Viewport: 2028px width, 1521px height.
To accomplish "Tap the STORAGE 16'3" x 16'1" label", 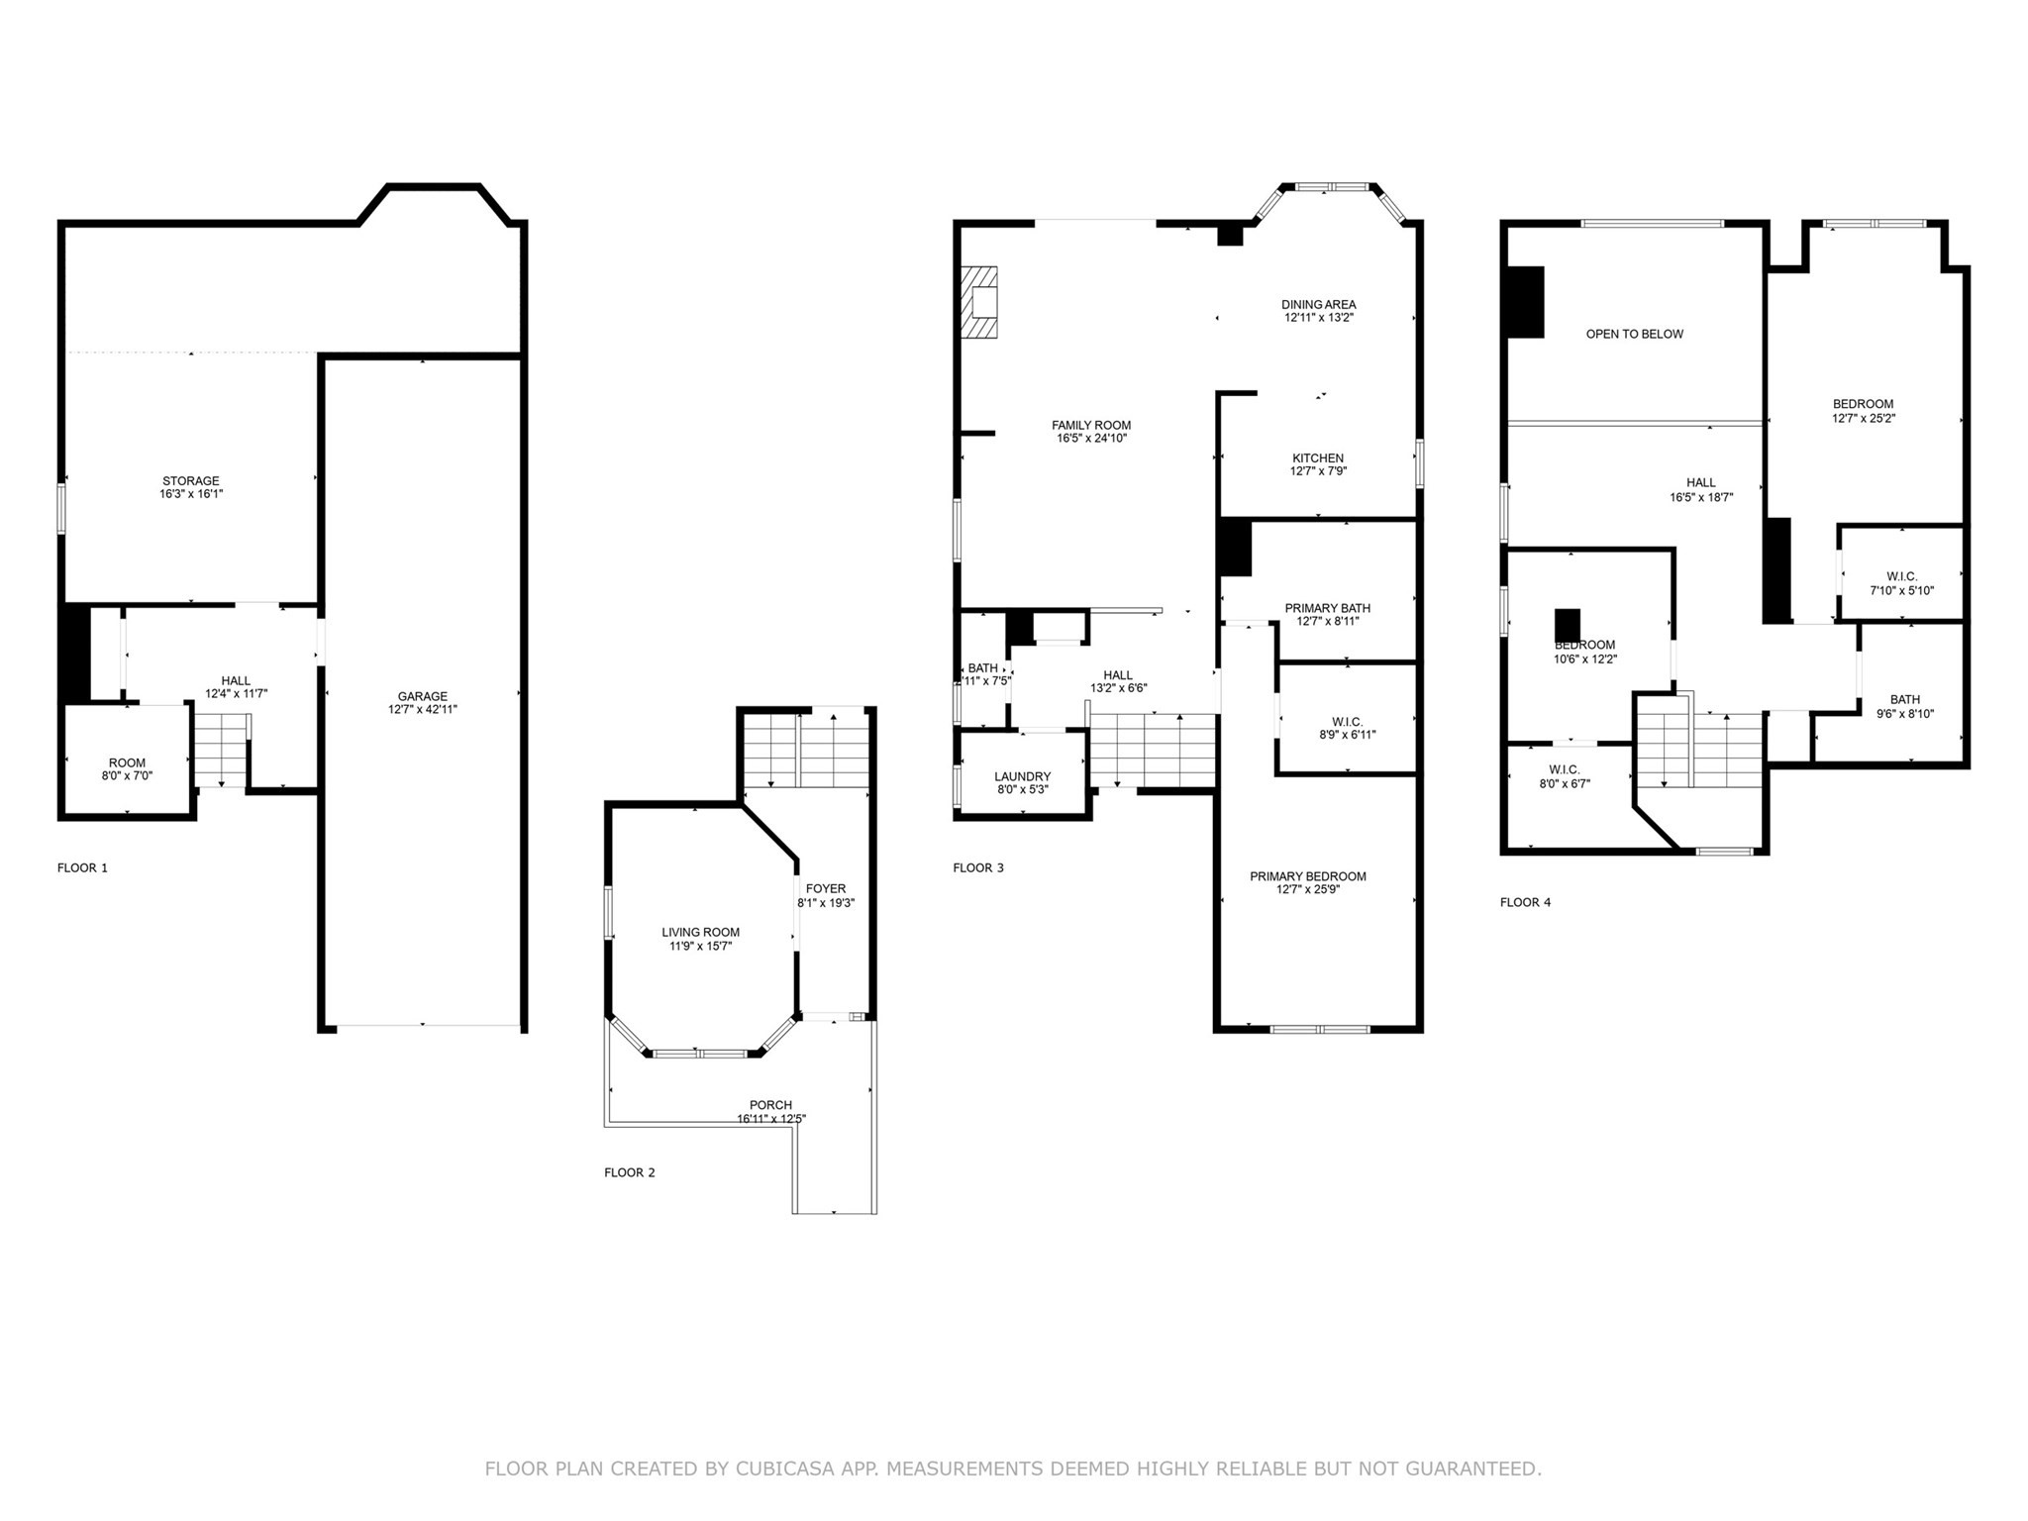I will point(191,487).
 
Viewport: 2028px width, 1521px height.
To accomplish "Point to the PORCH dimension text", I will point(770,1119).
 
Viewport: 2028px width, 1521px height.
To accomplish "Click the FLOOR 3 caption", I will point(977,867).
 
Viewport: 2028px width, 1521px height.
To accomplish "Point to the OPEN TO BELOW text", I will point(1634,334).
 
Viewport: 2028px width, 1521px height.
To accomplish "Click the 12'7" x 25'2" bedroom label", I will point(1863,411).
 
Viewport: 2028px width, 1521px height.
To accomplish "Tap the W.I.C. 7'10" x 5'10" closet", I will point(1901,583).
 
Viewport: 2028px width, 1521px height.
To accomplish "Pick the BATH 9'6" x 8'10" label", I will point(1904,706).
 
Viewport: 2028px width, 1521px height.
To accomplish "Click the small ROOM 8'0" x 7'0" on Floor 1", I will point(127,768).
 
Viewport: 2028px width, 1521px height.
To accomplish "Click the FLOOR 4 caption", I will point(1525,902).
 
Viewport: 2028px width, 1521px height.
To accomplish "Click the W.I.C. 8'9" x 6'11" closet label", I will point(1347,728).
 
